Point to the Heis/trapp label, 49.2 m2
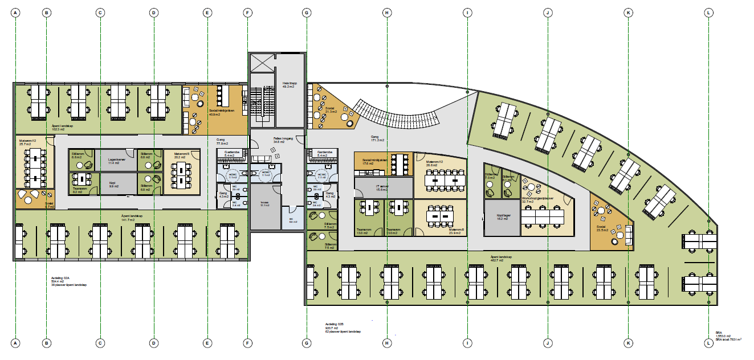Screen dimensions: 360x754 pos(290,85)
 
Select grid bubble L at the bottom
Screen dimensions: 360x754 pos(709,343)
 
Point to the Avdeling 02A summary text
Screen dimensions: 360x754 pos(62,281)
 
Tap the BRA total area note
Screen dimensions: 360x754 pos(727,337)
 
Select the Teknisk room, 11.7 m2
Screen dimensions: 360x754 pos(264,205)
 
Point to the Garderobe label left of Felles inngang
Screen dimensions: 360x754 pos(230,154)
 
